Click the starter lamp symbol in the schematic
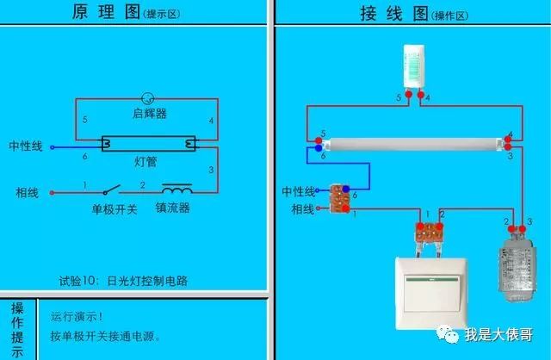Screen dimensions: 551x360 tap(147, 98)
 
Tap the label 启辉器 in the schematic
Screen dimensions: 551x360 tap(150, 114)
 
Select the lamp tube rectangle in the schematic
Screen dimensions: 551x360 tap(150, 145)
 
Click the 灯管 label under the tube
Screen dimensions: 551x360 tap(145, 162)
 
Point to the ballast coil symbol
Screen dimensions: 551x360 tap(177, 189)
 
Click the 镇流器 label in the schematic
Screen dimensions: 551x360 tap(172, 208)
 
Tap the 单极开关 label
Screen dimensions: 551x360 tap(114, 208)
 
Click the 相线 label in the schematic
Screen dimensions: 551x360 tap(27, 191)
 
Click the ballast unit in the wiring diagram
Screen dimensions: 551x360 tap(518, 267)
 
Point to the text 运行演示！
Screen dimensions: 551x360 tap(77, 317)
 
